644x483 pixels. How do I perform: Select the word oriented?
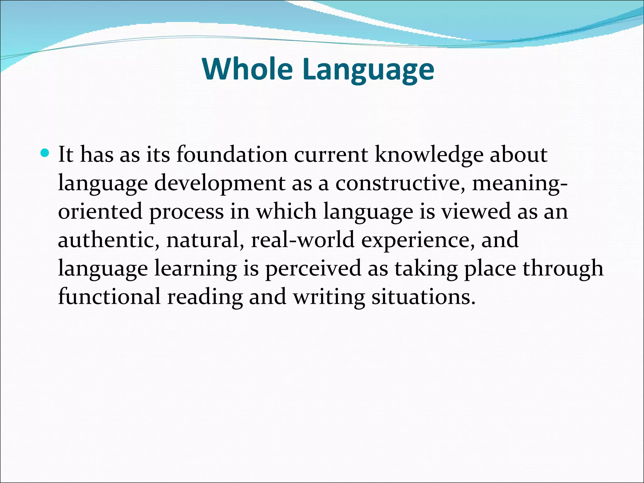100,211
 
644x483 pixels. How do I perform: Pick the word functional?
109,297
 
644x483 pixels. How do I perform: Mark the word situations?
423,297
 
